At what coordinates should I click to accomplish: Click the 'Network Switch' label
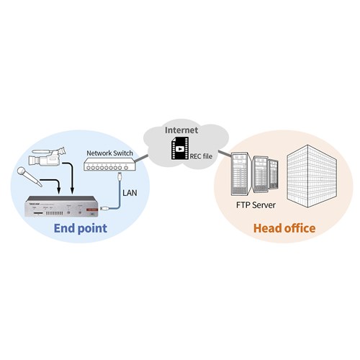(x=109, y=153)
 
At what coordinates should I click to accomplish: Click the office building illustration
(x=312, y=176)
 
